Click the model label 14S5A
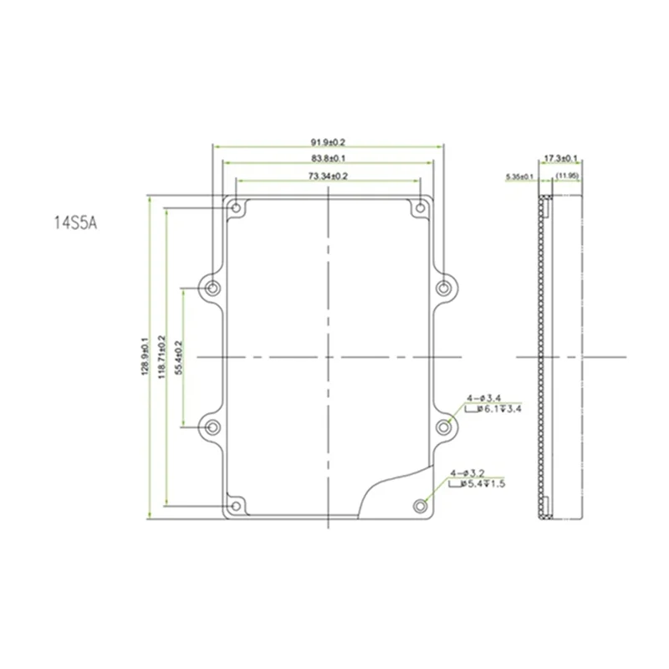pyautogui.click(x=76, y=224)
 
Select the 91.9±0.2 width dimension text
pyautogui.click(x=329, y=141)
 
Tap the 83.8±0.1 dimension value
pyautogui.click(x=329, y=158)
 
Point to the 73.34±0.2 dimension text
pyautogui.click(x=329, y=176)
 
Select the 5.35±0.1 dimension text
pyautogui.click(x=520, y=176)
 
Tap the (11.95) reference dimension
pyautogui.click(x=566, y=175)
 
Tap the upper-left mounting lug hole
pyautogui.click(x=212, y=289)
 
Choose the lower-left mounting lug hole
pyautogui.click(x=212, y=427)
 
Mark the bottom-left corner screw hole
pyautogui.click(x=237, y=505)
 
